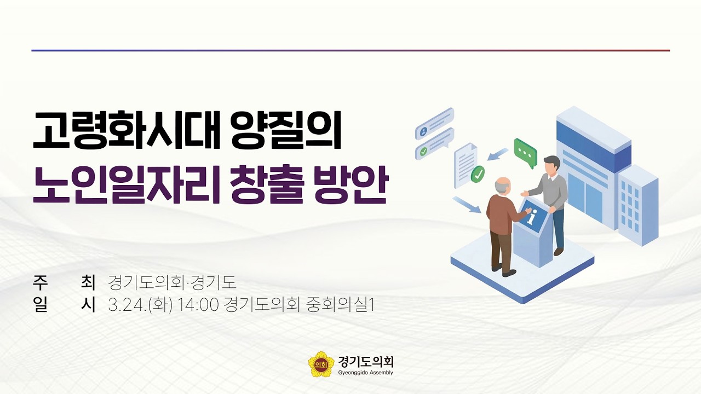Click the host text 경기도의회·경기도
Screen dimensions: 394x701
172,282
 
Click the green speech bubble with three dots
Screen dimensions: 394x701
525,153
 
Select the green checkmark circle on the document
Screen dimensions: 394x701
478,174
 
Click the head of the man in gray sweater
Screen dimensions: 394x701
551,164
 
